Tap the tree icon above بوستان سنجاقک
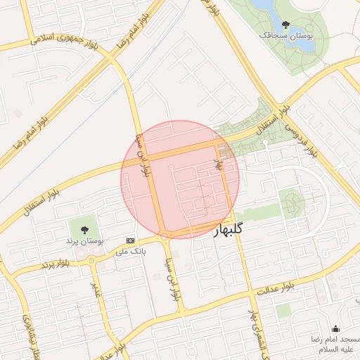285,24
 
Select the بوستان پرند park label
85,240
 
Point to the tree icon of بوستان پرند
85,229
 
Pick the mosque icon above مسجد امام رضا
335,328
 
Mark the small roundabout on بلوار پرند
91,262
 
